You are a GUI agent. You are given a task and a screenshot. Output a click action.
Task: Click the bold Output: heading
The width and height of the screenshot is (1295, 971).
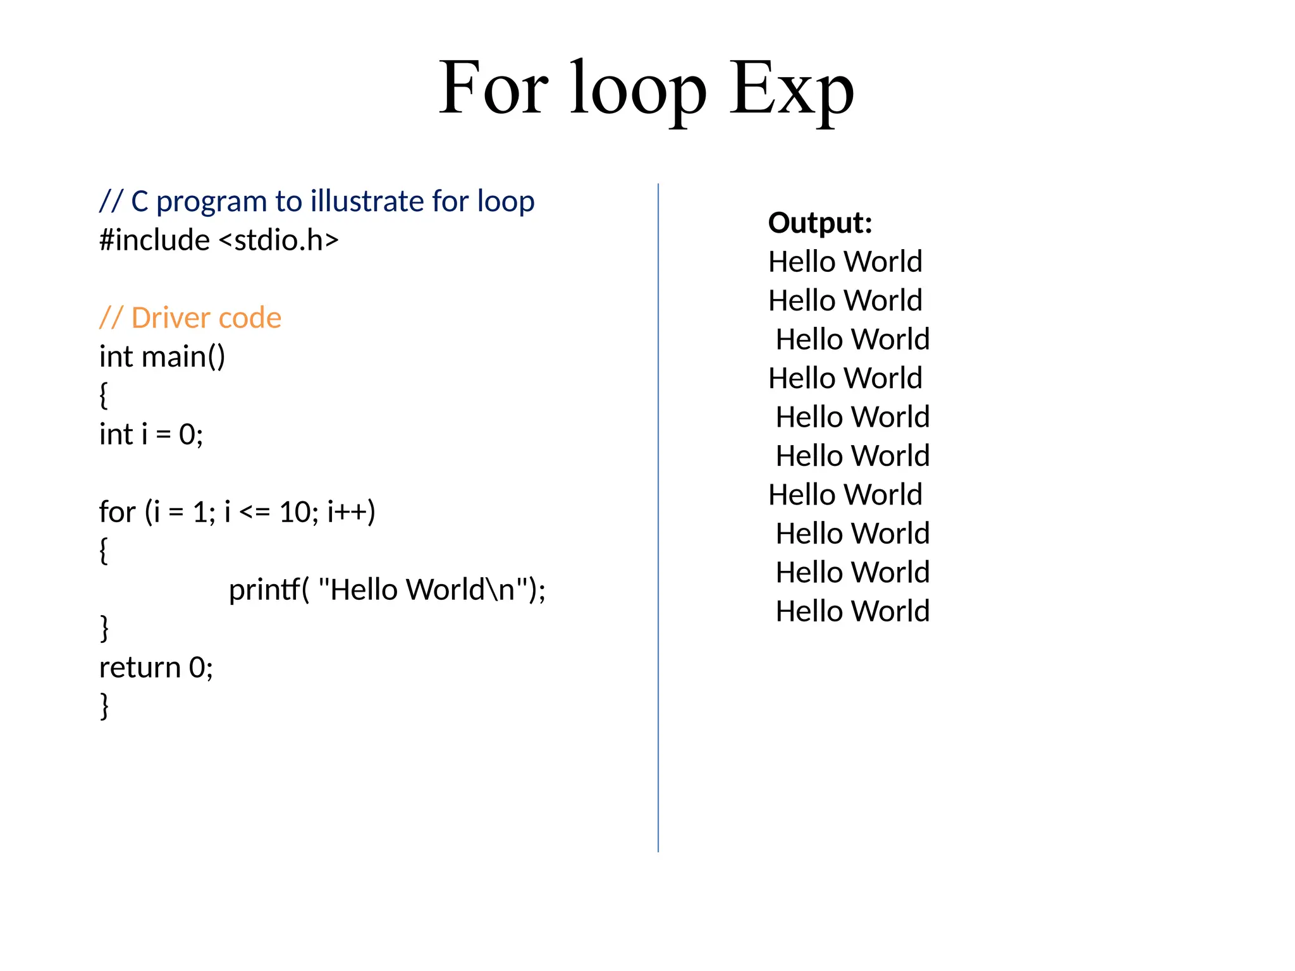(820, 223)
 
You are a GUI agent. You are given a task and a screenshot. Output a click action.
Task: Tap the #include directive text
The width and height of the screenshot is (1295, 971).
(154, 240)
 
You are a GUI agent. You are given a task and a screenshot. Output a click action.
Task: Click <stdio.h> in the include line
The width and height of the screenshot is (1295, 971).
(279, 240)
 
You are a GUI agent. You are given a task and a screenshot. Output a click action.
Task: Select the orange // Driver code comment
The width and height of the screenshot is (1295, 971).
(190, 318)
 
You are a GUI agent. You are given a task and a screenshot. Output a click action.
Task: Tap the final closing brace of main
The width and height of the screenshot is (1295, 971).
(104, 706)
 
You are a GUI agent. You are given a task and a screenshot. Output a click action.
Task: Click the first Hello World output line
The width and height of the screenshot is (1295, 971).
(845, 262)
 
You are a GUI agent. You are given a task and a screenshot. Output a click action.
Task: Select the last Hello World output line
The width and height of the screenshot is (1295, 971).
(852, 611)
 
